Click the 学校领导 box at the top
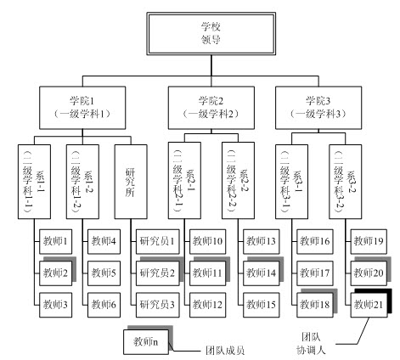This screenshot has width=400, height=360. [x=211, y=34]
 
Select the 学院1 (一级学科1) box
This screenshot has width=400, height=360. [x=82, y=108]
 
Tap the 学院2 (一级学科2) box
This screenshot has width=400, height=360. [x=211, y=108]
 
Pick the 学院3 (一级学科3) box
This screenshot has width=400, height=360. [x=318, y=108]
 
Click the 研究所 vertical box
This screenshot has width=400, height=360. [x=131, y=182]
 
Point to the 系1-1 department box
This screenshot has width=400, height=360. [x=34, y=182]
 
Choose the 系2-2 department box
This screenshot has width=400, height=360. [x=238, y=180]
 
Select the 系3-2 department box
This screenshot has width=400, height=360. [x=346, y=182]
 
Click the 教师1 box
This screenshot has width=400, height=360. [x=55, y=241]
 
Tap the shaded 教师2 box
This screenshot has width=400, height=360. [x=55, y=273]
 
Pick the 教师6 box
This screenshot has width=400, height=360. [x=104, y=305]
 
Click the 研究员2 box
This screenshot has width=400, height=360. [x=158, y=273]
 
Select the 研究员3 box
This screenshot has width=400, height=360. [x=158, y=305]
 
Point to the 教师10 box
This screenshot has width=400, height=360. [x=208, y=241]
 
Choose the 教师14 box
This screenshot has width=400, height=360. [x=262, y=273]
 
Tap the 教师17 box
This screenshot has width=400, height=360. [x=315, y=273]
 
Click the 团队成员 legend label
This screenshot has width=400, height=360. [x=225, y=351]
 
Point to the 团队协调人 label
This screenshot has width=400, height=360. [x=311, y=344]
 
